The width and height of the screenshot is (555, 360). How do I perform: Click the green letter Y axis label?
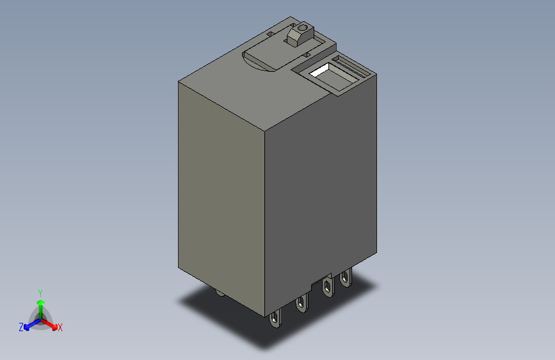tap(40, 291)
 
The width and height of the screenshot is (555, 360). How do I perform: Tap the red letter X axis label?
tap(60, 327)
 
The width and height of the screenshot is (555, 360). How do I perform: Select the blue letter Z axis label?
tap(21, 327)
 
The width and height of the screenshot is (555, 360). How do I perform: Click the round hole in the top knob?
tap(301, 28)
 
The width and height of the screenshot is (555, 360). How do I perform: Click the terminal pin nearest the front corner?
tap(276, 318)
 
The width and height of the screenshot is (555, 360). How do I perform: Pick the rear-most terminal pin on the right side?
tap(346, 278)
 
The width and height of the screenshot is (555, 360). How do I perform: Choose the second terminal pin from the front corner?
tap(300, 305)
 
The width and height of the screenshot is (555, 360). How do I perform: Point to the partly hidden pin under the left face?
tap(220, 293)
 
